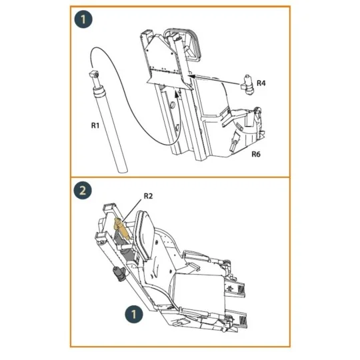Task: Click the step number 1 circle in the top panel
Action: [x=83, y=20]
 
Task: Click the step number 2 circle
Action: [x=83, y=190]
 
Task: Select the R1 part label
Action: [x=95, y=124]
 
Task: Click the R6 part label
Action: [x=257, y=154]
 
